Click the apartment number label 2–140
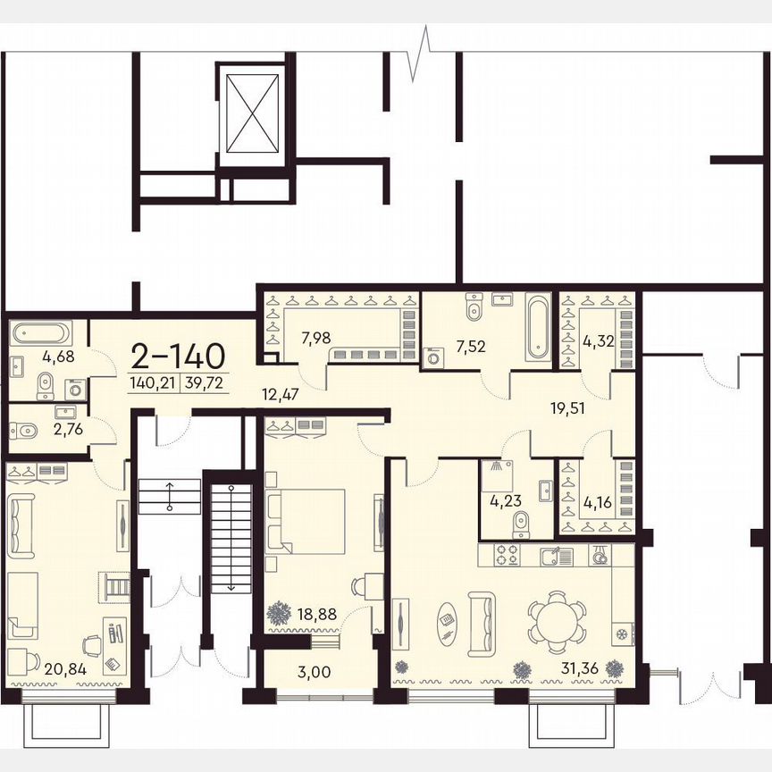(x=178, y=356)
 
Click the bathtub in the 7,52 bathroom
(x=539, y=327)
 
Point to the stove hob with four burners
(x=508, y=555)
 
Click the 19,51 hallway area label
(x=569, y=409)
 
